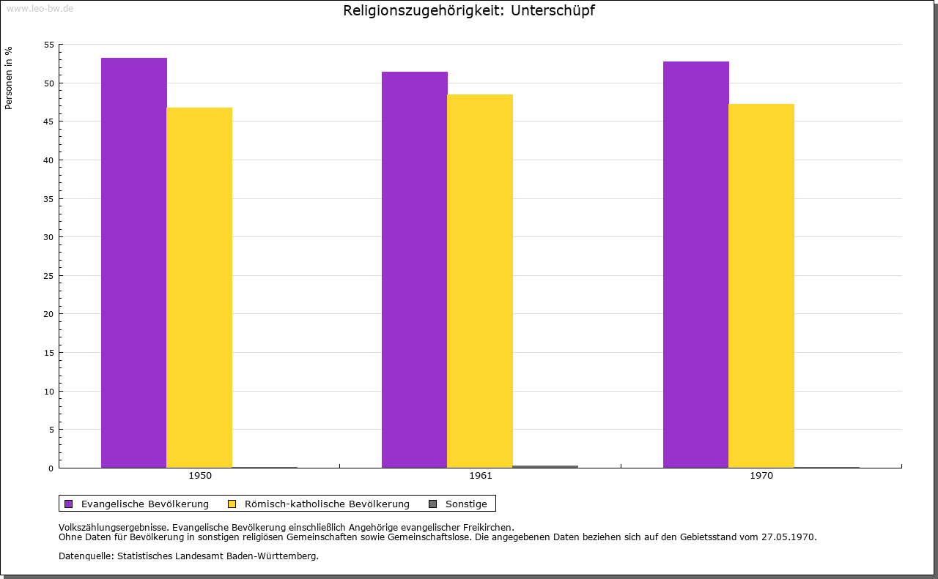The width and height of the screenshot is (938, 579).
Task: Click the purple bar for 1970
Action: [696, 264]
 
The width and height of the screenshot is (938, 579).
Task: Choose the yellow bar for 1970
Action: [761, 285]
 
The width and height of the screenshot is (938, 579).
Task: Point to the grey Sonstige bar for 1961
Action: [545, 466]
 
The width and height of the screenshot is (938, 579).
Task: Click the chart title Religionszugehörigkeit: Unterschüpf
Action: [468, 11]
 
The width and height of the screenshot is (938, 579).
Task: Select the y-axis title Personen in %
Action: [9, 78]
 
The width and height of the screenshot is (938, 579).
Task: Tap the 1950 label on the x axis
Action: [200, 476]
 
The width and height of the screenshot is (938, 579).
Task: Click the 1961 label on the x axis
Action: [481, 476]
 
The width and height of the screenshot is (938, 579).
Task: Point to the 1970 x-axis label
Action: [761, 476]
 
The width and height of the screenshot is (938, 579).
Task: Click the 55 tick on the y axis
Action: [49, 45]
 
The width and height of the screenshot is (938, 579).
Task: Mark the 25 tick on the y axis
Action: [49, 276]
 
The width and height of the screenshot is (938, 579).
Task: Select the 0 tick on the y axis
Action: [51, 468]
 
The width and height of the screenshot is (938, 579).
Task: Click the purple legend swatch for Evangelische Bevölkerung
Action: [69, 504]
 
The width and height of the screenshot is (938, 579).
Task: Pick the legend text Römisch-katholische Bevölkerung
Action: [327, 504]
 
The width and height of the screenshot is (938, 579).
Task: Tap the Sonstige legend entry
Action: [466, 504]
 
